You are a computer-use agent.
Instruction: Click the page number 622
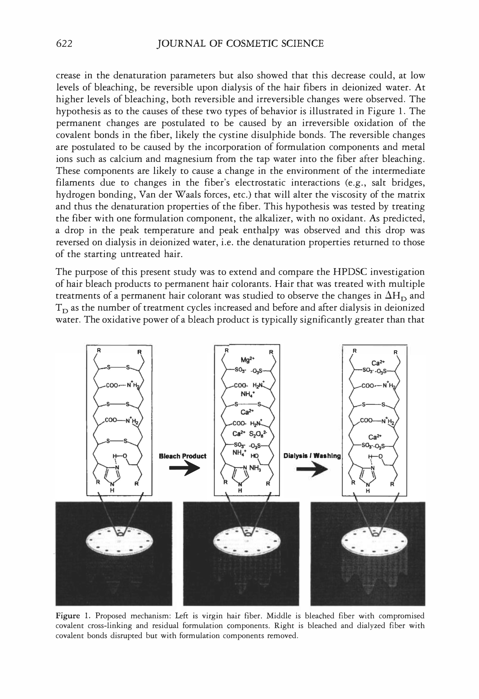(64, 44)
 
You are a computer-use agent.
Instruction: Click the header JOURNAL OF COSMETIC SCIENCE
(240, 44)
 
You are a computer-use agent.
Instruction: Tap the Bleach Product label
(183, 456)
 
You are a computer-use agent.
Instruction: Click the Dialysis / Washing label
(312, 456)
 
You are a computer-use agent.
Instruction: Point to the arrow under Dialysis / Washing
(312, 470)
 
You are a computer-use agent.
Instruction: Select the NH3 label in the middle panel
(255, 468)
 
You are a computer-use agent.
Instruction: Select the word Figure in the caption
(68, 616)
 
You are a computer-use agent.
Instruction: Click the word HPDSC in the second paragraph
(350, 272)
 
